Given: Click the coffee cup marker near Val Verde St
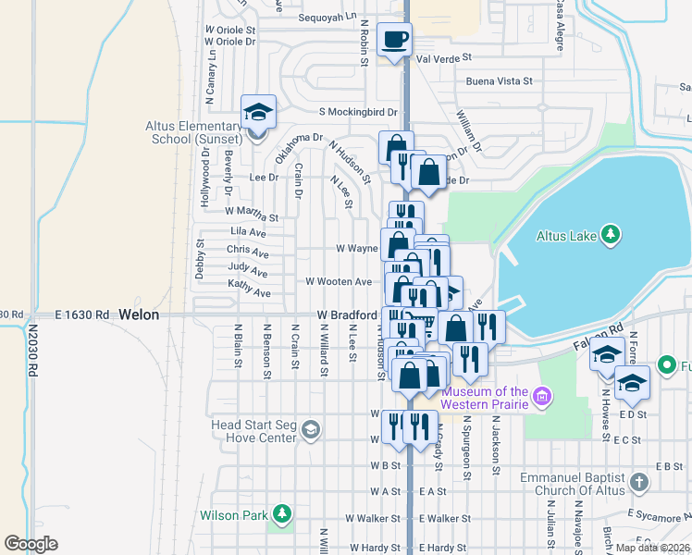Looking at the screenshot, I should [x=395, y=40].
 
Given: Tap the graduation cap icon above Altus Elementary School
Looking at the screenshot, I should [x=258, y=113].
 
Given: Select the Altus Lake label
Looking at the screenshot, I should [x=566, y=236].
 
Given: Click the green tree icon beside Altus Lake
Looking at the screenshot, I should [x=610, y=235].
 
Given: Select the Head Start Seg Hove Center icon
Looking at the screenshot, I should [x=312, y=429].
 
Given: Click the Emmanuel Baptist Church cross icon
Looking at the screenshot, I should [x=638, y=482].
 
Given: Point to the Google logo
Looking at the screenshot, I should [x=31, y=544].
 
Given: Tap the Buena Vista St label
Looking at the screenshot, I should [x=499, y=81].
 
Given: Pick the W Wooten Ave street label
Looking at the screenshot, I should [x=339, y=281].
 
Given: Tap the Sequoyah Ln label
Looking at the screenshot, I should [x=326, y=17].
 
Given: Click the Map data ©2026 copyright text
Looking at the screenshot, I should [x=652, y=547].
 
